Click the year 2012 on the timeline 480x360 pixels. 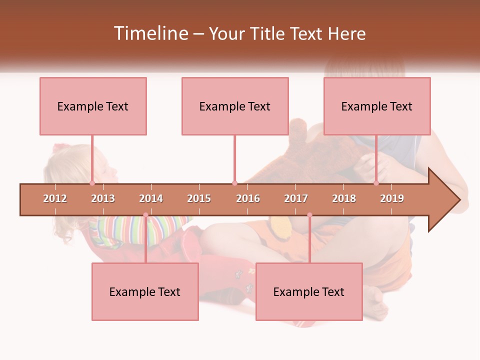55,198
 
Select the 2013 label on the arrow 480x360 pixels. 103,198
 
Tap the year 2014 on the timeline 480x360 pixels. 151,198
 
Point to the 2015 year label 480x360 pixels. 199,198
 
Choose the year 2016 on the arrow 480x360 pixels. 248,198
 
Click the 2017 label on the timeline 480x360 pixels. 296,198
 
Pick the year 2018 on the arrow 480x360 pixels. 344,198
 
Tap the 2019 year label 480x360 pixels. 392,198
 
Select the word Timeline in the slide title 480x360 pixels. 150,33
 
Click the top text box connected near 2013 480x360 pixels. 93,106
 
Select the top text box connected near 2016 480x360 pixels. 235,106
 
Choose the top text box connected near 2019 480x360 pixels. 377,106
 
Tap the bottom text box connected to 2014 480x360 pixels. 145,291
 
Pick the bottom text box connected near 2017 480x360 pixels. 309,291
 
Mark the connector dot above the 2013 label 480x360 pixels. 92,183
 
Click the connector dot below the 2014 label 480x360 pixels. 145,215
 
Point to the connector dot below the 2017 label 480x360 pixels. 309,215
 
